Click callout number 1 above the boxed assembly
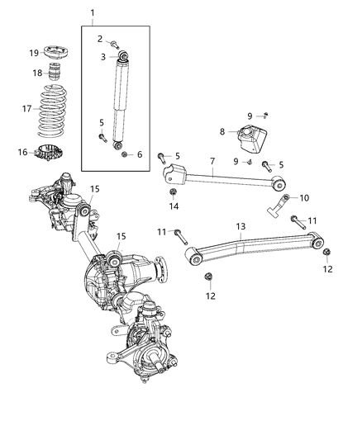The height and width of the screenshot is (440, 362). [93, 12]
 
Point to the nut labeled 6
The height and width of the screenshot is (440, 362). [123, 154]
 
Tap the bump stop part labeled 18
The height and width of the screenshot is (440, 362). [55, 77]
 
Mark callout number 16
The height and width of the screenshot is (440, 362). [22, 152]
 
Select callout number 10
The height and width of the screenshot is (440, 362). [303, 197]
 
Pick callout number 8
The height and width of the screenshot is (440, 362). [221, 130]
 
